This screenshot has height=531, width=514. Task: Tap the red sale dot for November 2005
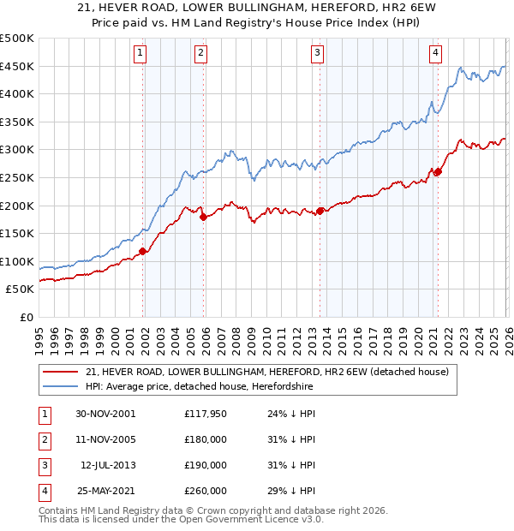pyautogui.click(x=203, y=218)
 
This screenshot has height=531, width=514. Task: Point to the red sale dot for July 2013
pyautogui.click(x=320, y=211)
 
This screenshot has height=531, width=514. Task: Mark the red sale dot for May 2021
pyautogui.click(x=438, y=172)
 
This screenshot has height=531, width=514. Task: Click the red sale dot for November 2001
pyautogui.click(x=143, y=251)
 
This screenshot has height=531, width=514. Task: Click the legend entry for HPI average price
pyautogui.click(x=199, y=387)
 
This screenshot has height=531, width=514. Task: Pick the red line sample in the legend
pyautogui.click(x=60, y=372)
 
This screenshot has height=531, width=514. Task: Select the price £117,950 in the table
pyautogui.click(x=206, y=414)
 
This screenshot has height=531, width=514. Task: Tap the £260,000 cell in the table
pyautogui.click(x=206, y=491)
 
